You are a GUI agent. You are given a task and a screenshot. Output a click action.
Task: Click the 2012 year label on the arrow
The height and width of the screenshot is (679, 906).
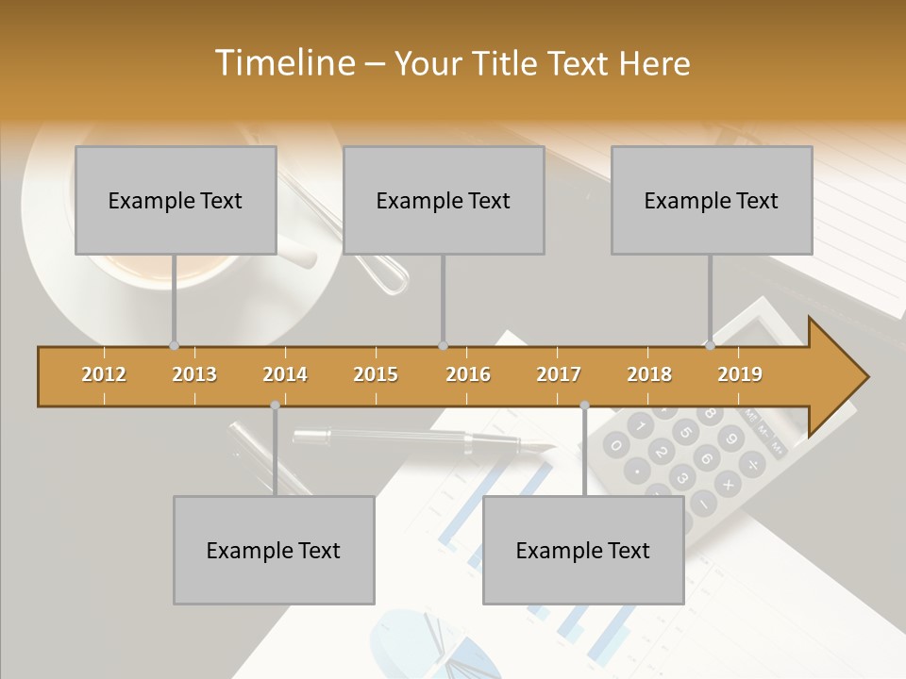pos(104,374)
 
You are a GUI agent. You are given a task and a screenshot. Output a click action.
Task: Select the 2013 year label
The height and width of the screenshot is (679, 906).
pos(194,374)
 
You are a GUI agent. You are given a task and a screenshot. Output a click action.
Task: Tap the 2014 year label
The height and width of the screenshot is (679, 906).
pos(285,374)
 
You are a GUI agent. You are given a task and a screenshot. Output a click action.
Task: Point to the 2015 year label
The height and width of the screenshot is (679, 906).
pos(376,374)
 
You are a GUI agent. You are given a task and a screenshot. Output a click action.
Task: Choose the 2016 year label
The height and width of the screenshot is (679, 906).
pos(468,374)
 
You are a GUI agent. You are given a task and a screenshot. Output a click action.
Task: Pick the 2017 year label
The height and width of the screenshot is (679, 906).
pos(559,374)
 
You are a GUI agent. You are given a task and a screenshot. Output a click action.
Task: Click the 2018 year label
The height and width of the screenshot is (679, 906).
pos(649,374)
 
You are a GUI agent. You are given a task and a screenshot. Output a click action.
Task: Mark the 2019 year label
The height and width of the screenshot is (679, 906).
pos(740,374)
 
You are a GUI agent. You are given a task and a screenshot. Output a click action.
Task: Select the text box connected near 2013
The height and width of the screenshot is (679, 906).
pos(176,200)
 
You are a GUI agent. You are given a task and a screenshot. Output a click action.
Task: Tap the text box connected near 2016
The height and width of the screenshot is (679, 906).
pos(444,200)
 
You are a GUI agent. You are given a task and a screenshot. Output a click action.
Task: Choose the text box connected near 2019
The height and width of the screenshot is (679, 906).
pos(712,200)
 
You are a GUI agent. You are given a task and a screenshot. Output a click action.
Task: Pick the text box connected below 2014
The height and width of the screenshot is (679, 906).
pos(274,550)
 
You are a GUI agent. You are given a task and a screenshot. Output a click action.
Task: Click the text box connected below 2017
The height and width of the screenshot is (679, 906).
pos(583,550)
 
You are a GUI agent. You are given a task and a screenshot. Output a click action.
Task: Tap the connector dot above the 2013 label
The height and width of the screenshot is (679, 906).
pos(174,346)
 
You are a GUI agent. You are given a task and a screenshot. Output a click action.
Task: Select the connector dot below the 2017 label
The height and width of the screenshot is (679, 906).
pos(584,406)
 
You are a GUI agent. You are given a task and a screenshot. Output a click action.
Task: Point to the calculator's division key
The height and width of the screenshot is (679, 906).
pos(752,465)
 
